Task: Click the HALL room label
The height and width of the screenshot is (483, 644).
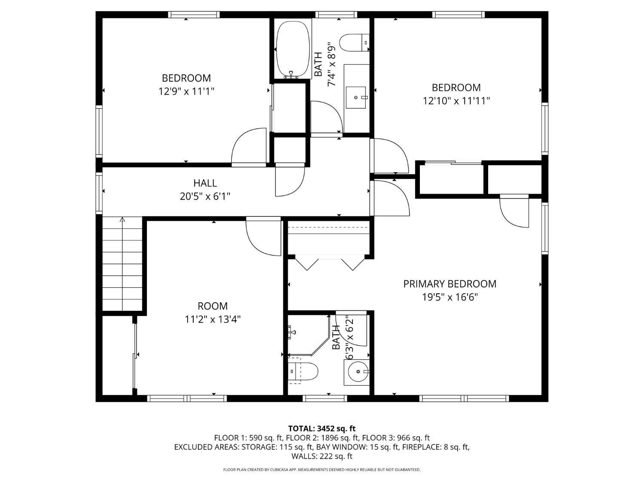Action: (x=205, y=183)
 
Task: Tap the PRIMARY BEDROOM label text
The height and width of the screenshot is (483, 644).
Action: (x=450, y=284)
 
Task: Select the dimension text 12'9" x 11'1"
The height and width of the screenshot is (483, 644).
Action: (x=186, y=91)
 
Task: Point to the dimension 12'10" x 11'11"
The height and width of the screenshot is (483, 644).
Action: (x=456, y=101)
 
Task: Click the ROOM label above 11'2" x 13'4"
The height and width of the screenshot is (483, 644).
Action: (x=213, y=306)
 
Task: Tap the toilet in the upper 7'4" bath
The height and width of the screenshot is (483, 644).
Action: (x=354, y=43)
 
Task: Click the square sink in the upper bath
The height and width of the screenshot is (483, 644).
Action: (x=355, y=97)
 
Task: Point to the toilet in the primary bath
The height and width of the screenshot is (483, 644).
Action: (x=303, y=371)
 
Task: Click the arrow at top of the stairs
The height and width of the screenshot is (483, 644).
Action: (x=122, y=219)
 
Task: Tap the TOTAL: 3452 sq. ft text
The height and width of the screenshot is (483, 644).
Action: (x=322, y=429)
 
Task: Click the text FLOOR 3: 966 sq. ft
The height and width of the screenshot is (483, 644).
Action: (x=396, y=438)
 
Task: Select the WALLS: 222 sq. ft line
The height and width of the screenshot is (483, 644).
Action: (x=322, y=456)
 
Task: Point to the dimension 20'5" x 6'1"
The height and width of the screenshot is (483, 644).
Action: (x=205, y=196)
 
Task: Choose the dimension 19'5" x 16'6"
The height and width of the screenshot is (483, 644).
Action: (x=450, y=298)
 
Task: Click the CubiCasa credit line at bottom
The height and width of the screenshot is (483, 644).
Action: (x=322, y=470)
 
